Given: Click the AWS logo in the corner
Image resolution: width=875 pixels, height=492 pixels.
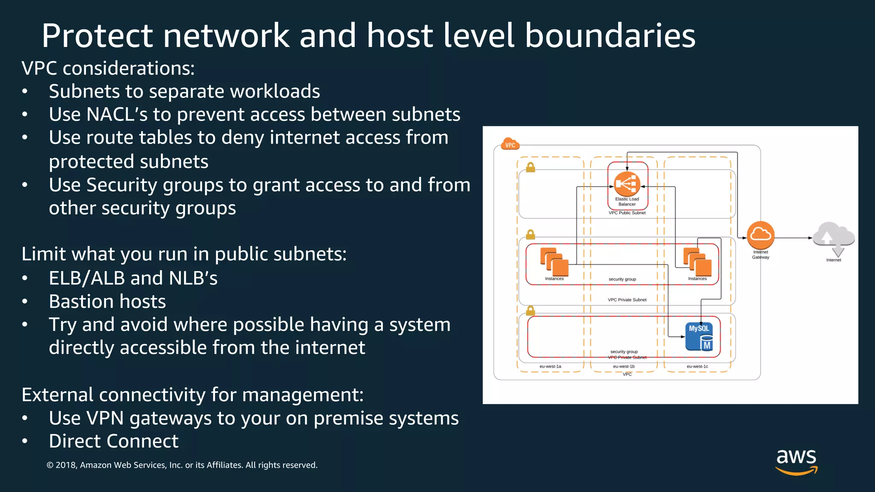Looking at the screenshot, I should pos(796,461).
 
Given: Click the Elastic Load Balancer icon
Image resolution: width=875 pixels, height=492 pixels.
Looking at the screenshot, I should pos(627,184).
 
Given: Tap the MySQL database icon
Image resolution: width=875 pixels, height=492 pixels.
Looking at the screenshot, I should pos(699,336).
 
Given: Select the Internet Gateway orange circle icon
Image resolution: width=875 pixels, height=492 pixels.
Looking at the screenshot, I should pos(760,235).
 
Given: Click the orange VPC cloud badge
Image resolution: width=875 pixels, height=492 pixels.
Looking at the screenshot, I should pos(510,144).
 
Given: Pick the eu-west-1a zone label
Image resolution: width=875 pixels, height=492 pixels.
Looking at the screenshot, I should pos(550,366).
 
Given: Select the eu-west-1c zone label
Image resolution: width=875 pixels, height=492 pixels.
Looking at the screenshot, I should pos(697,366).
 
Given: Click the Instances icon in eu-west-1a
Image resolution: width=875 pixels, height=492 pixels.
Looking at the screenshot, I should pos(554,262).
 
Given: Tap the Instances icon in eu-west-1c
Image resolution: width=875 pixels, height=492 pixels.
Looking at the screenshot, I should pos(697,262).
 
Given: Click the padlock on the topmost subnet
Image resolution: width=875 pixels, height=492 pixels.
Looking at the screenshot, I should pos(530,167).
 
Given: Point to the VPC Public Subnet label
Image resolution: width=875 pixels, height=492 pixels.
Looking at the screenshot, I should pos(627,213).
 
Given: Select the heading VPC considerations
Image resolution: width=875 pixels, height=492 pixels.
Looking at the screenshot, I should pos(108,68).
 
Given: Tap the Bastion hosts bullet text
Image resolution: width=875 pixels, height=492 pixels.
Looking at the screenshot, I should pos(107,302).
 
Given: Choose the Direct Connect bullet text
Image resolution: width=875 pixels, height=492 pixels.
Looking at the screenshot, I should pos(114,441).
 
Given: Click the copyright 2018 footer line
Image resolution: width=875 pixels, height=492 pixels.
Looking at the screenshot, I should pos(182,465).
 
